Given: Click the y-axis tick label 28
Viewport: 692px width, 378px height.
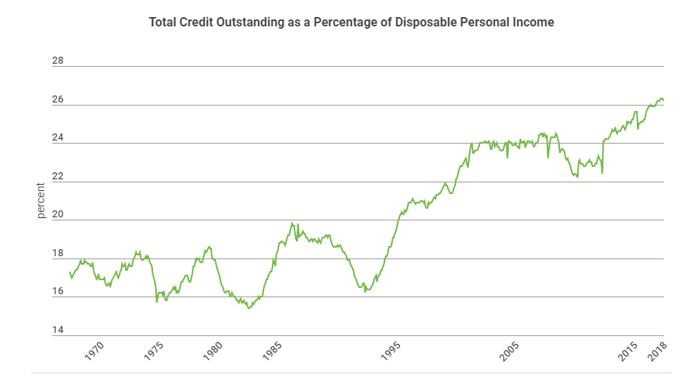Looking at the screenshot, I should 57,61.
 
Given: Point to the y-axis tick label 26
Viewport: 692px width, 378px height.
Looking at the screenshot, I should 57,99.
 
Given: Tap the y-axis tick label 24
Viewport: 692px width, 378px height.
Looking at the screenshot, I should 57,137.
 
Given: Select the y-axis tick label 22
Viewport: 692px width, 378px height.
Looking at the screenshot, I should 57,176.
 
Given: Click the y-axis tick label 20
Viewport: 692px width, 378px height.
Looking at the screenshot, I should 57,214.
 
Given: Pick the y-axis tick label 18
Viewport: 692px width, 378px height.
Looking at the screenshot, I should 57,253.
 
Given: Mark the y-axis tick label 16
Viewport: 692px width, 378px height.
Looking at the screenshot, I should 57,292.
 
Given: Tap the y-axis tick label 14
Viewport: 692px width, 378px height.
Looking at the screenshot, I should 57,330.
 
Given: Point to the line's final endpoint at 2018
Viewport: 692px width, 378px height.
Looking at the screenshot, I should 663,100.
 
